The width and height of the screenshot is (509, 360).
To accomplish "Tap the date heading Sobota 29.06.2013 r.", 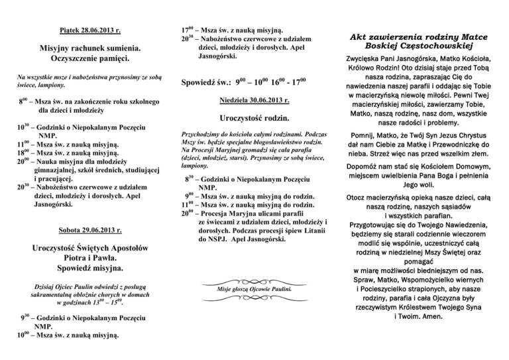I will coord(89,231).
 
